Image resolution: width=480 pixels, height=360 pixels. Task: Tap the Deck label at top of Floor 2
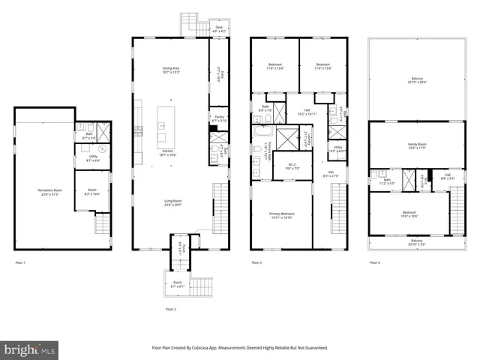[219, 28]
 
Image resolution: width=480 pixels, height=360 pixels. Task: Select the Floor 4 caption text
[374, 262]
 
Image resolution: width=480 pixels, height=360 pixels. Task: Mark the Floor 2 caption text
[170, 309]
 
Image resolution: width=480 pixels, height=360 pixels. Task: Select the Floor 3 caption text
[256, 262]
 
